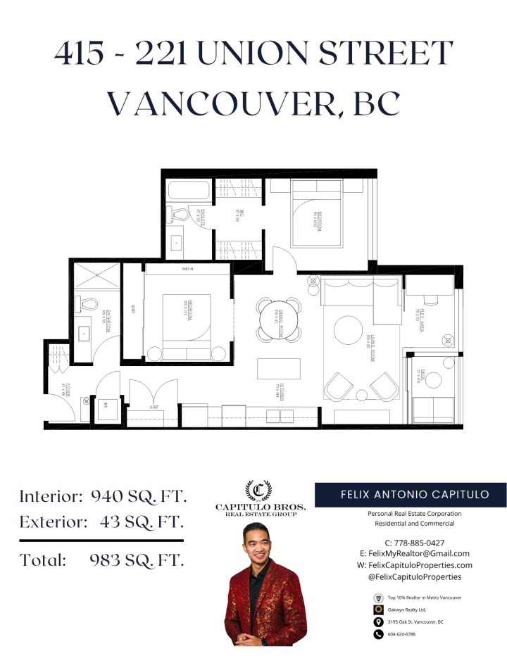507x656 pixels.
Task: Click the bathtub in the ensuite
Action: pos(189,191)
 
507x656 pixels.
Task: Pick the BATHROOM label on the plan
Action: pos(104,320)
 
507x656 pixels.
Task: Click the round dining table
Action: pos(278,318)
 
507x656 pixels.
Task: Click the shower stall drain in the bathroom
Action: pos(98,275)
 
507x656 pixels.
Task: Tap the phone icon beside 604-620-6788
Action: pos(378,634)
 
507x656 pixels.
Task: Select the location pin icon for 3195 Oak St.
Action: pos(378,622)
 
